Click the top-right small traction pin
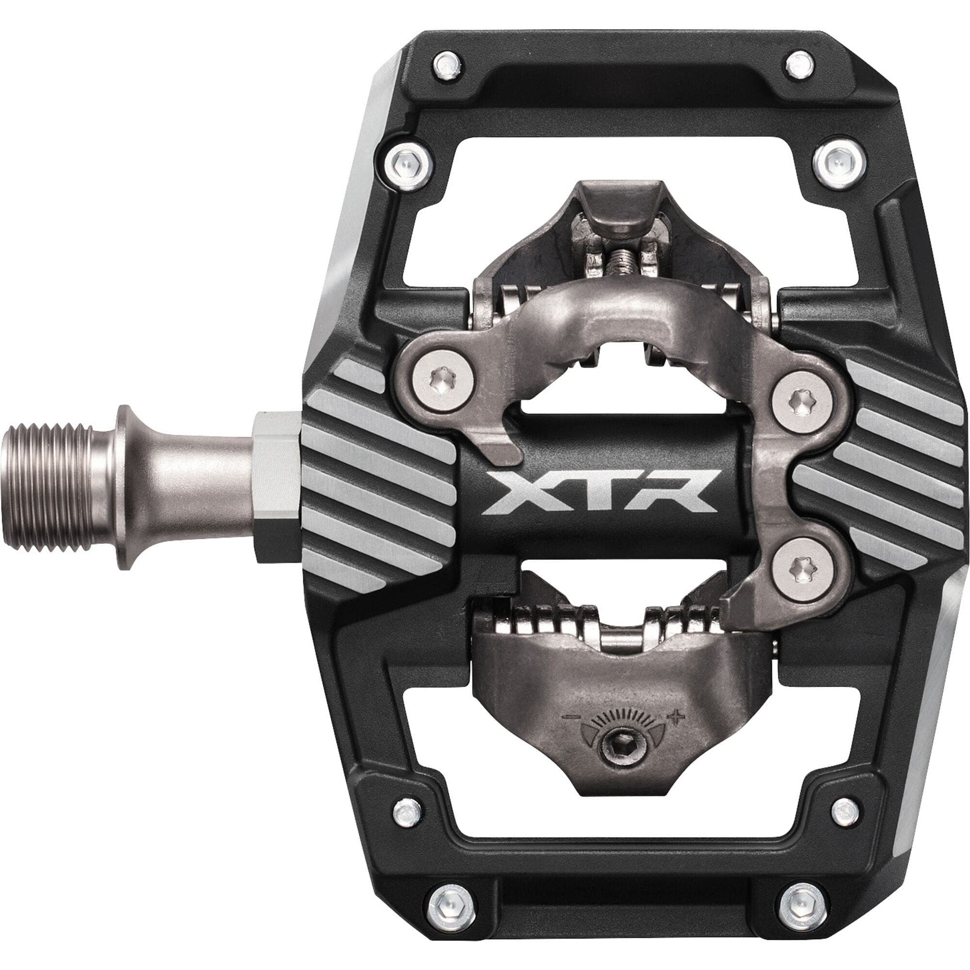(799, 65)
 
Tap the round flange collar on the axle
(126, 487)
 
